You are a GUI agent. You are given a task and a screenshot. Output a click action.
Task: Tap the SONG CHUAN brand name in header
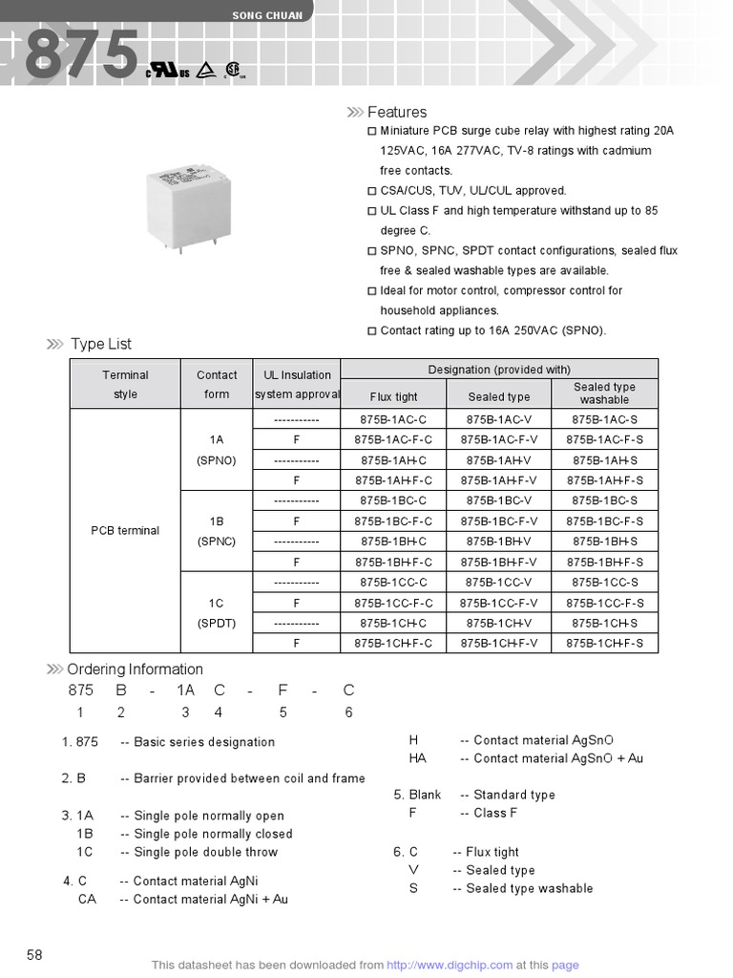point(267,15)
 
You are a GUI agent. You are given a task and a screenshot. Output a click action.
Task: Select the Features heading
point(397,113)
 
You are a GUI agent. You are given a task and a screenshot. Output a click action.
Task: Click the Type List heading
point(101,344)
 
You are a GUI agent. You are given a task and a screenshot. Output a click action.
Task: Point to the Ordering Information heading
point(135,670)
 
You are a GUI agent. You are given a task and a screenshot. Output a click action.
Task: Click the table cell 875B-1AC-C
point(393,419)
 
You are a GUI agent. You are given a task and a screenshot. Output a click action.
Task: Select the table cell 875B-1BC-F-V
point(498,521)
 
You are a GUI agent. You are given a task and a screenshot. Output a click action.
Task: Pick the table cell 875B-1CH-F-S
point(604,644)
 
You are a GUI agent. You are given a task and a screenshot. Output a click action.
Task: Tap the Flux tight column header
point(393,396)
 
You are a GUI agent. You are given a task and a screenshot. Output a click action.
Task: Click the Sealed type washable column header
point(604,393)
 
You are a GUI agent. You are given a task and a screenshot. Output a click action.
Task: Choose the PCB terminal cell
point(125,531)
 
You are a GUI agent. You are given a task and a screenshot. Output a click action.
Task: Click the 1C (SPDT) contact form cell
point(216,613)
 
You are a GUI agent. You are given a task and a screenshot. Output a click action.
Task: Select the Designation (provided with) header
point(499,370)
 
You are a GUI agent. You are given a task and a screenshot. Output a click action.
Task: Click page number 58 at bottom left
point(35,955)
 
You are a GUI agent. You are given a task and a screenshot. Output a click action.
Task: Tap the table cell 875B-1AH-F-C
point(393,480)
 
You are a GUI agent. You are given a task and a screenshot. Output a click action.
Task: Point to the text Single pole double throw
point(206,852)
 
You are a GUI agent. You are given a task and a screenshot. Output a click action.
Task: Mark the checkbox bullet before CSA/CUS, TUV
point(372,191)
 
